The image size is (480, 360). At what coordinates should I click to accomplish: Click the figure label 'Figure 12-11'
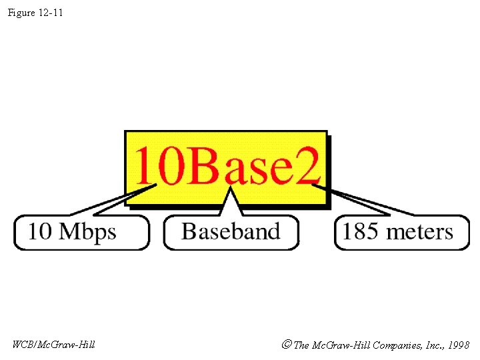coord(35,13)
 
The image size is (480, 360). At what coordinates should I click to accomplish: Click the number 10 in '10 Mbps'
coord(39,232)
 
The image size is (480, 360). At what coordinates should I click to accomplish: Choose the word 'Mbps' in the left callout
coord(87,233)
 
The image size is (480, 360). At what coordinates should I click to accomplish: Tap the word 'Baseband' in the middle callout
coord(231,231)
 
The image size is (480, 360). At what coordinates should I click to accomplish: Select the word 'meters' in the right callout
coord(420,232)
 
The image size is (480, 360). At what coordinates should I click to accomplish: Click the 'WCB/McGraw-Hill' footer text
coord(53,345)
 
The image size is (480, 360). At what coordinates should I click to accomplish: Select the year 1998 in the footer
coord(459,345)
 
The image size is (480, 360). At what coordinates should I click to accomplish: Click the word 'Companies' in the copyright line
coord(394,345)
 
